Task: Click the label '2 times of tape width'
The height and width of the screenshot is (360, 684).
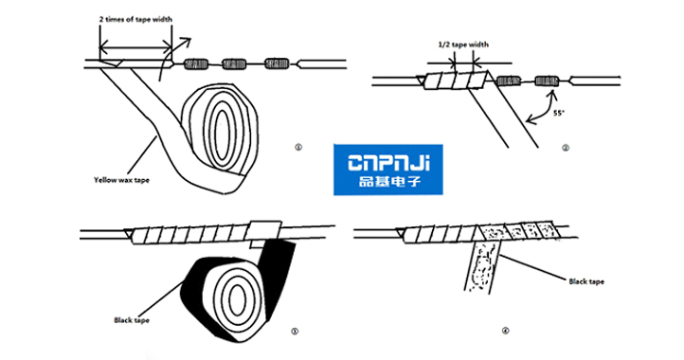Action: (135, 19)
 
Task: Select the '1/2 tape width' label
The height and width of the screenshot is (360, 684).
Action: (462, 44)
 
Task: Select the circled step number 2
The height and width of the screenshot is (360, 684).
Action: (564, 148)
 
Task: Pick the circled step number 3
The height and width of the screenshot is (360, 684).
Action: (296, 331)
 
